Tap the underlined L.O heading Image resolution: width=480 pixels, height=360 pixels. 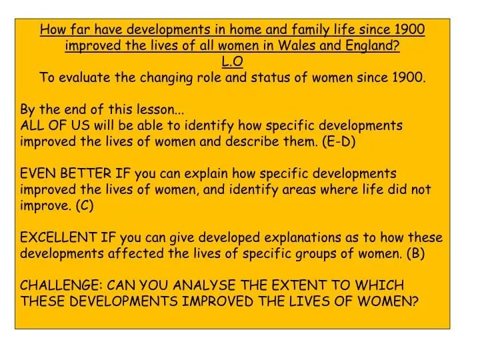233,61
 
